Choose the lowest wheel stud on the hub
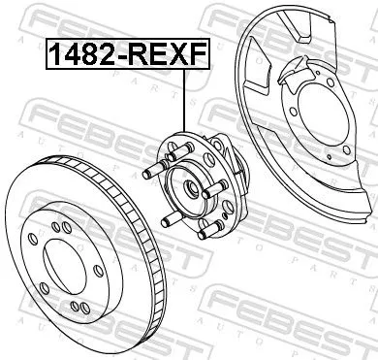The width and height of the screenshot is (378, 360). (202, 234)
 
